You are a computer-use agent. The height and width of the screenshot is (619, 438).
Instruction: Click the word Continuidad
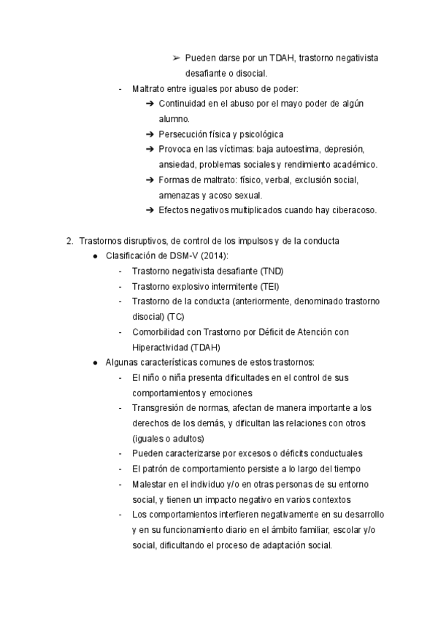[182, 104]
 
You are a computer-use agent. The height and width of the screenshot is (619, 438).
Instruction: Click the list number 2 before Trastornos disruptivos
[69, 241]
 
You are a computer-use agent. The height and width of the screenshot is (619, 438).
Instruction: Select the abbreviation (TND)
[273, 271]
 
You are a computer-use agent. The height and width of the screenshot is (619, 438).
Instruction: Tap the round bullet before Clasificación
[96, 256]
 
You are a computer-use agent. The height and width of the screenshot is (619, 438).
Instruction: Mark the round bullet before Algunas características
[96, 363]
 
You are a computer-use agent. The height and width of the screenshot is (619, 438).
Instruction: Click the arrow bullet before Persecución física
[150, 134]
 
